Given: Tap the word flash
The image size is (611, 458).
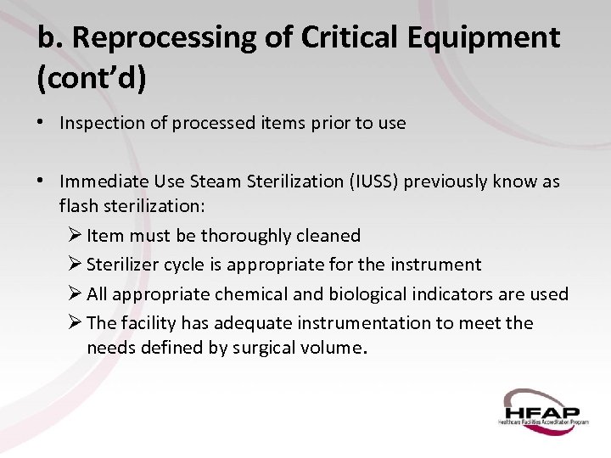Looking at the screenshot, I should [79, 206].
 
